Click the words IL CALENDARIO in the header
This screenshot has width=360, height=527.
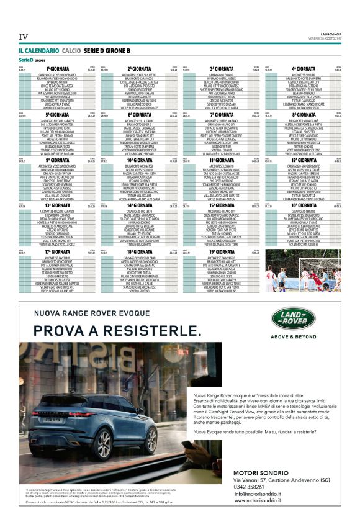click(x=38, y=50)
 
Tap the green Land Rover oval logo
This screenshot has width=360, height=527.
click(x=293, y=319)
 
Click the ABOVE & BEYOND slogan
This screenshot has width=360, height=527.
click(x=293, y=338)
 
